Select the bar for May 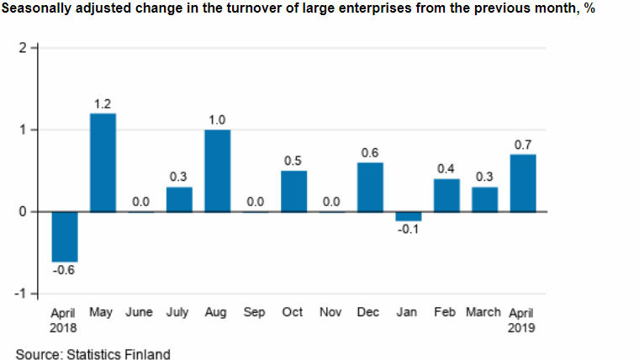[x=103, y=162]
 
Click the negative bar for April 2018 [x=64, y=236]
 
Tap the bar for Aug [x=216, y=171]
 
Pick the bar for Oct [x=293, y=191]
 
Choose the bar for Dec [x=370, y=187]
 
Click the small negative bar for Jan [x=409, y=216]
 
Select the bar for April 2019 [x=522, y=183]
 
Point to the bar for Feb [x=446, y=195]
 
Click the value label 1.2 [x=103, y=103]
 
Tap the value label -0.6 [x=64, y=271]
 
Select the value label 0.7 [x=522, y=145]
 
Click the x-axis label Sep [x=255, y=312]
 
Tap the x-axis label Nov [x=331, y=312]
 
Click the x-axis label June [x=140, y=312]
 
